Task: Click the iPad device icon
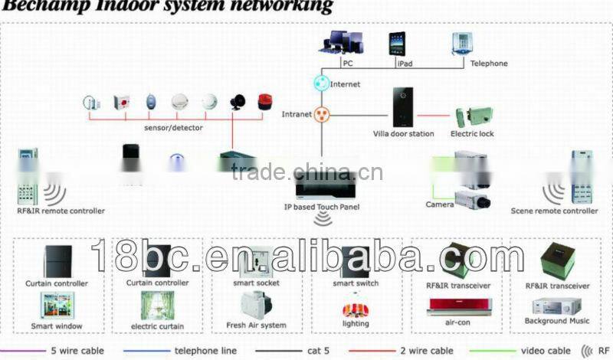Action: (397, 44)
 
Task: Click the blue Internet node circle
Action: (322, 82)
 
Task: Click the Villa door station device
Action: (402, 106)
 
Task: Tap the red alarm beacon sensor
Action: (264, 102)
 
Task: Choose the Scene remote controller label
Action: (554, 211)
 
